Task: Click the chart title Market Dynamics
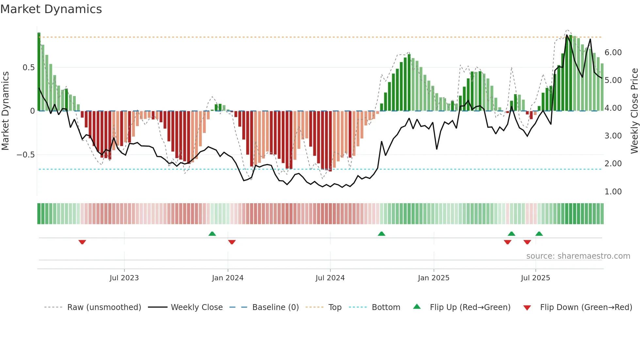(x=51, y=9)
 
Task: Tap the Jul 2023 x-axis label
(x=124, y=278)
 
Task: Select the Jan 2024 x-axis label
(x=228, y=278)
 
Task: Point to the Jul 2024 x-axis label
(x=330, y=278)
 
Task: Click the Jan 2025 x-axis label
(x=434, y=278)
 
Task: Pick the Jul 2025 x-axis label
(x=536, y=278)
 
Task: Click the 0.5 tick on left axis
(x=29, y=68)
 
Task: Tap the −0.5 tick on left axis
(x=26, y=155)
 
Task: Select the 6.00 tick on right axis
(x=613, y=53)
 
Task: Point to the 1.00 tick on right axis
(x=613, y=192)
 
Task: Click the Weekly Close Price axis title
(x=634, y=111)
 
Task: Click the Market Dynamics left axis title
(x=5, y=111)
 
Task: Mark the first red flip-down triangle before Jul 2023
(x=82, y=242)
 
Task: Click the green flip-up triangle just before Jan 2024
(x=212, y=234)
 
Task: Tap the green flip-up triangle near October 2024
(x=381, y=234)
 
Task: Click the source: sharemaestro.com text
(x=578, y=256)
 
